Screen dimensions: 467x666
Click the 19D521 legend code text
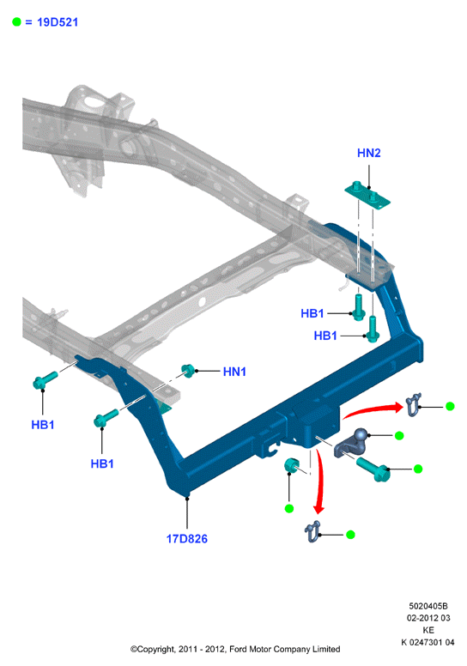(x=58, y=22)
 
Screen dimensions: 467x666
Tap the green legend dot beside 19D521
(x=16, y=21)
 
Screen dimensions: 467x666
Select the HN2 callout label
(x=369, y=153)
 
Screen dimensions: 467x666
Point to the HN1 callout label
(x=234, y=372)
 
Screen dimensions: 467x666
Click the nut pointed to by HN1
(x=188, y=371)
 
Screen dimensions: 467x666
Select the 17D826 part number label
(x=187, y=539)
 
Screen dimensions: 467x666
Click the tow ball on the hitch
(x=361, y=435)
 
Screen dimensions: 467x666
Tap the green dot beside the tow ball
(x=399, y=435)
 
